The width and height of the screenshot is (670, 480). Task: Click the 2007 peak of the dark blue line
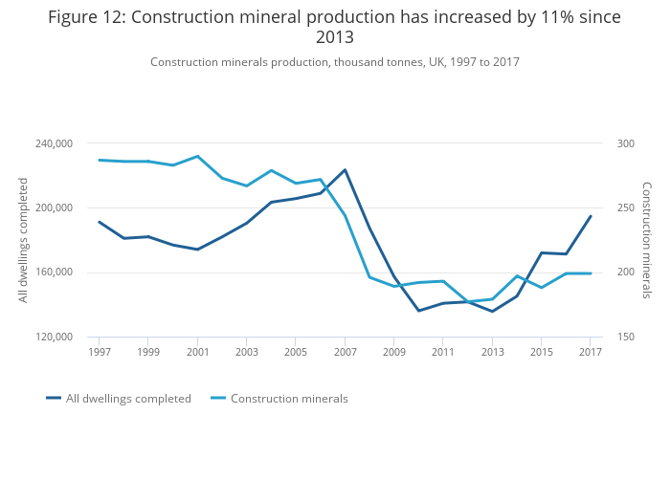click(x=345, y=170)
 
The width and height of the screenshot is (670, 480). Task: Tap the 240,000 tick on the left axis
click(x=54, y=143)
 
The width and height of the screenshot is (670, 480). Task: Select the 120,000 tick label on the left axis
click(x=54, y=337)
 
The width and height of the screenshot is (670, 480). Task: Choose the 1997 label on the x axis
click(x=99, y=353)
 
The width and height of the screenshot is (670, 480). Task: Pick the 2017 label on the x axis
click(x=591, y=353)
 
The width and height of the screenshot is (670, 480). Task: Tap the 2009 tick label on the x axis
click(x=393, y=353)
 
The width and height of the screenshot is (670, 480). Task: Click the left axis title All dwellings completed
click(x=24, y=240)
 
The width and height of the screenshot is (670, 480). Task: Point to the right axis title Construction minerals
click(x=646, y=240)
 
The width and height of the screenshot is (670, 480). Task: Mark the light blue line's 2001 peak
click(x=197, y=156)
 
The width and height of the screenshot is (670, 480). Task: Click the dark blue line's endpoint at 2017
click(x=591, y=216)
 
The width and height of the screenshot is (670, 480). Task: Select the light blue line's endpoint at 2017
click(x=591, y=273)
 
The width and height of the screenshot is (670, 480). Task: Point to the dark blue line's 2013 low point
click(x=492, y=312)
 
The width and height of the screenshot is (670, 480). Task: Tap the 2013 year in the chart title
click(x=335, y=38)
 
